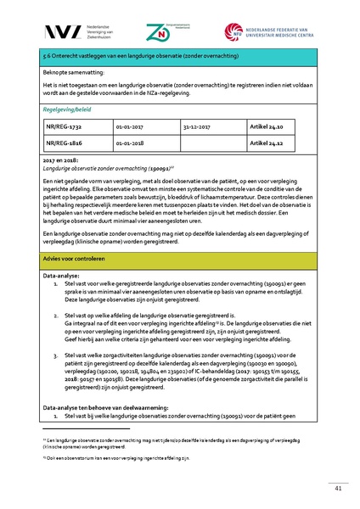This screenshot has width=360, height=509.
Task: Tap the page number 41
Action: [x=338, y=487]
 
